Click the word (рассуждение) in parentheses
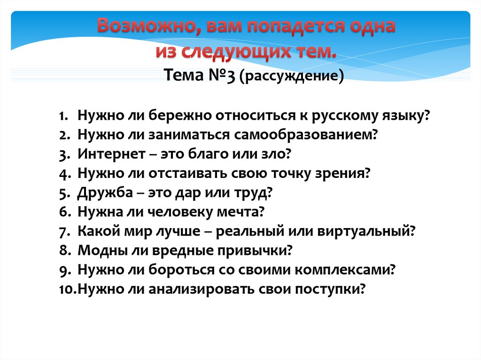[x=292, y=76]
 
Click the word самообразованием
[x=305, y=135]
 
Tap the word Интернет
[x=111, y=153]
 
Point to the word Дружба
[x=105, y=192]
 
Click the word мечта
[x=240, y=212]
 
